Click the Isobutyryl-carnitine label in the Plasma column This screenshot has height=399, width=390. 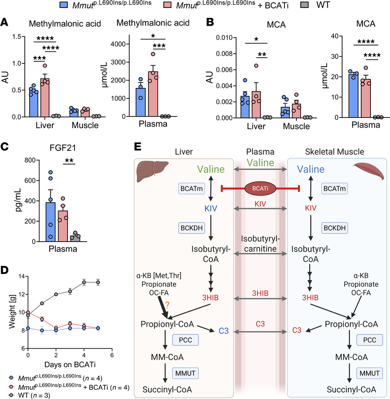coord(260,244)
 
